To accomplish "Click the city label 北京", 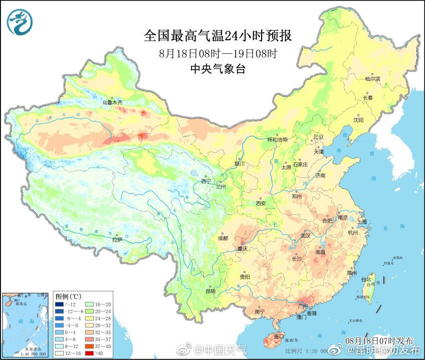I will [319, 137].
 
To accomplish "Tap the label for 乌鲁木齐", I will [112, 102].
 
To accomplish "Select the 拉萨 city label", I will [117, 240].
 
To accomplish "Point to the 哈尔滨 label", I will [372, 79].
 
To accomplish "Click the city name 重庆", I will [243, 249].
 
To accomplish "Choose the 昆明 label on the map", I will [210, 291].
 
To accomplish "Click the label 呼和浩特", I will [278, 140].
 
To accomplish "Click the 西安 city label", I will [261, 204].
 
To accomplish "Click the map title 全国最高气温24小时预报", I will [218, 36].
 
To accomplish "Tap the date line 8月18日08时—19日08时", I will [218, 53].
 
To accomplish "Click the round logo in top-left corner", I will [20, 22].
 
